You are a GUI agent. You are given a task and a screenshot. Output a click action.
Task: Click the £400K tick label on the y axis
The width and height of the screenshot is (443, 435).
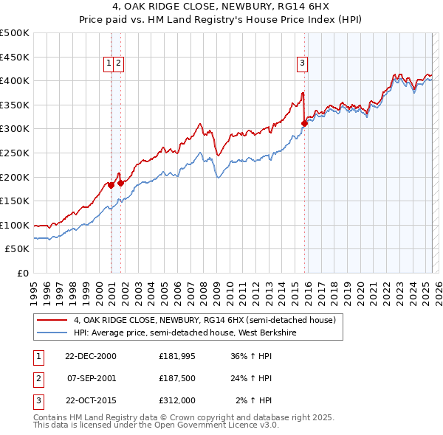15,80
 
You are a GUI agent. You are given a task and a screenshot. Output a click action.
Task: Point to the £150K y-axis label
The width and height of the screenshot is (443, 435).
15,201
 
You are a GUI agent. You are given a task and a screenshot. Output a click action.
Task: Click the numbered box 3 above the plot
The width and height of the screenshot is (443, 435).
303,64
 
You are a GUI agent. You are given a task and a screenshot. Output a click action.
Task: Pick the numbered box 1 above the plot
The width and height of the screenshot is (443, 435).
109,64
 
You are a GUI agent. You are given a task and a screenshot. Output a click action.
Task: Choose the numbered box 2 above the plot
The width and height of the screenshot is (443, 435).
118,64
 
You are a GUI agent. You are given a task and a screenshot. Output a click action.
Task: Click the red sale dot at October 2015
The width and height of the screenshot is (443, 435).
304,123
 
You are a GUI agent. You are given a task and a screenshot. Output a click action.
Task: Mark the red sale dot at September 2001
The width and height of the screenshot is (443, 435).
120,182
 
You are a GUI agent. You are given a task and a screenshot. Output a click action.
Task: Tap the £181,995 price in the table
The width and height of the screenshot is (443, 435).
176,355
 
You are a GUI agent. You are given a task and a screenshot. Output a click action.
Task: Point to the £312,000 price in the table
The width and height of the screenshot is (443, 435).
176,400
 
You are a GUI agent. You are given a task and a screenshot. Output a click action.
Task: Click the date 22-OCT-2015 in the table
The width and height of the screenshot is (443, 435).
91,400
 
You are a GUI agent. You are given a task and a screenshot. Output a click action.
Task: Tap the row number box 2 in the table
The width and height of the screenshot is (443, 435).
38,378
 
